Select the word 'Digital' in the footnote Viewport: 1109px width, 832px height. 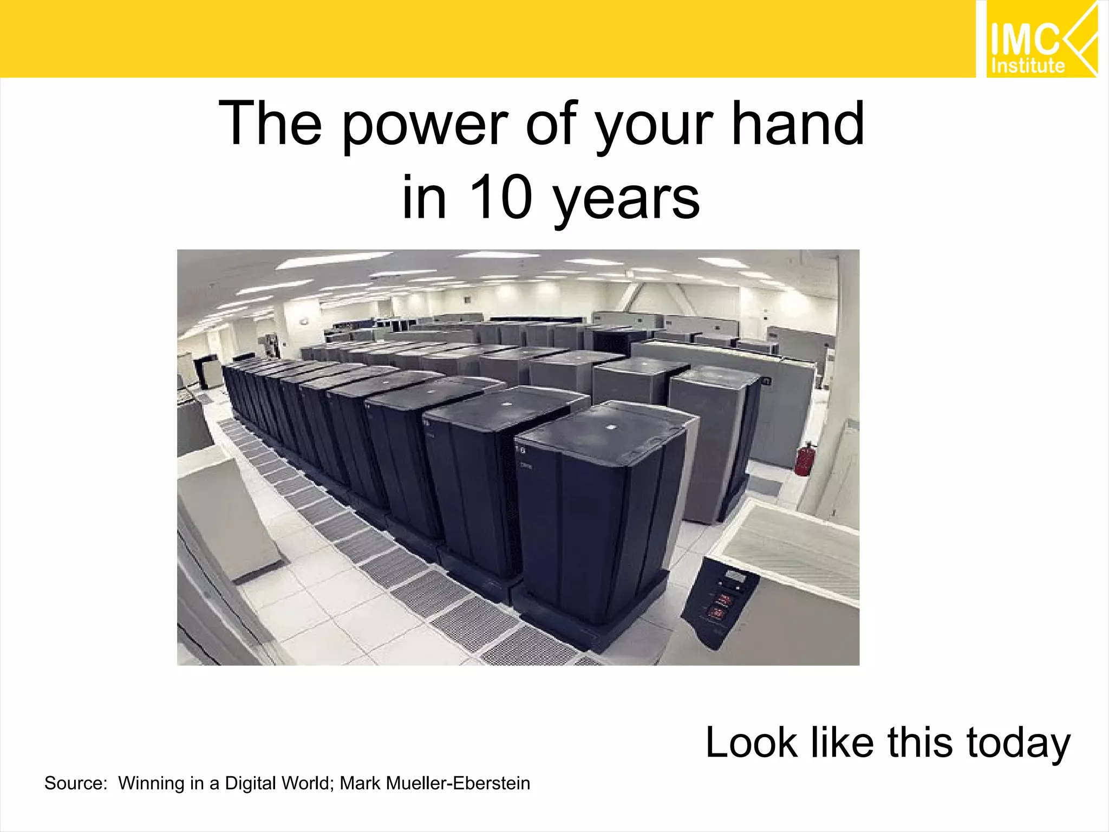pyautogui.click(x=250, y=783)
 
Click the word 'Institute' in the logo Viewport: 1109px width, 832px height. pyautogui.click(x=1028, y=66)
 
